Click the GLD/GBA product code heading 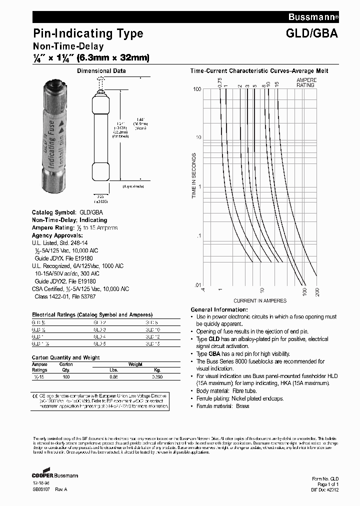[314, 33]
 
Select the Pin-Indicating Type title [88, 33]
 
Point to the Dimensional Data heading [101, 71]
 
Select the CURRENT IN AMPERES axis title [260, 300]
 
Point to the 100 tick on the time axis [197, 89]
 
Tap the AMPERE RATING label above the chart [305, 82]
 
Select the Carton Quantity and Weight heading [65, 357]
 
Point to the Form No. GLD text [325, 479]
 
